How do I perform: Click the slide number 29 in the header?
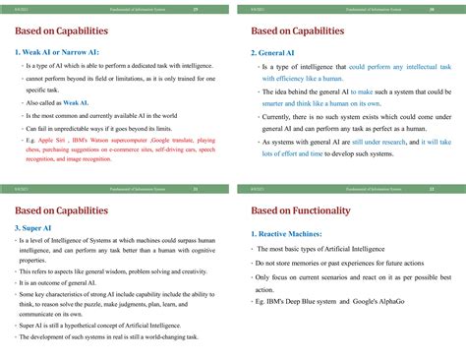tap(196, 9)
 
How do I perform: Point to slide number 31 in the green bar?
tap(196, 188)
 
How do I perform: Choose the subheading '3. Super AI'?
tap(36, 229)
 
